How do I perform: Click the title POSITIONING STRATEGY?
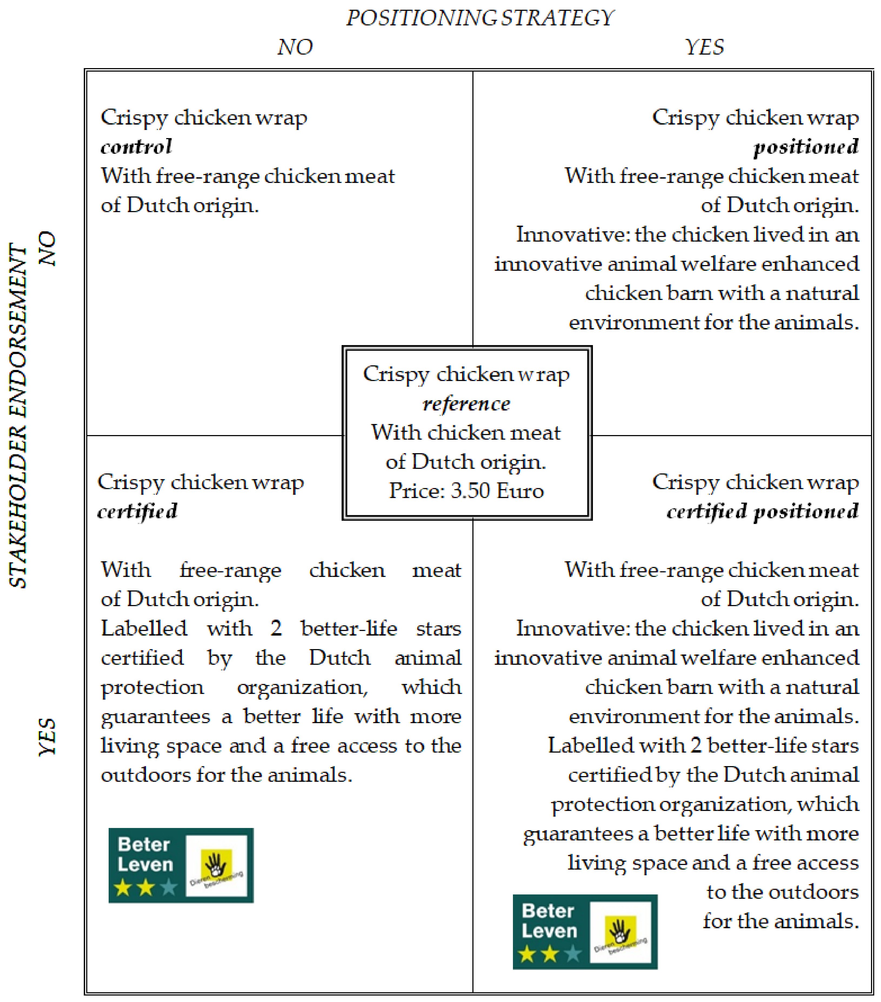tap(479, 18)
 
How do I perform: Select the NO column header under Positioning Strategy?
tap(295, 47)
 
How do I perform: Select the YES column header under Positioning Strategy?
tap(704, 47)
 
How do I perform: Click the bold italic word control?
tap(136, 146)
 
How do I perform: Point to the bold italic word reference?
tap(466, 403)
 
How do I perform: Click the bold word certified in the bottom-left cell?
tap(137, 511)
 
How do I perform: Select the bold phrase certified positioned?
tap(762, 511)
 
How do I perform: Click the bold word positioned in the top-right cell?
tap(806, 146)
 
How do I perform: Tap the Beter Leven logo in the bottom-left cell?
tap(181, 865)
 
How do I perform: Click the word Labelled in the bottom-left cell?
tap(144, 629)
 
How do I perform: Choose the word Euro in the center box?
tap(520, 491)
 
